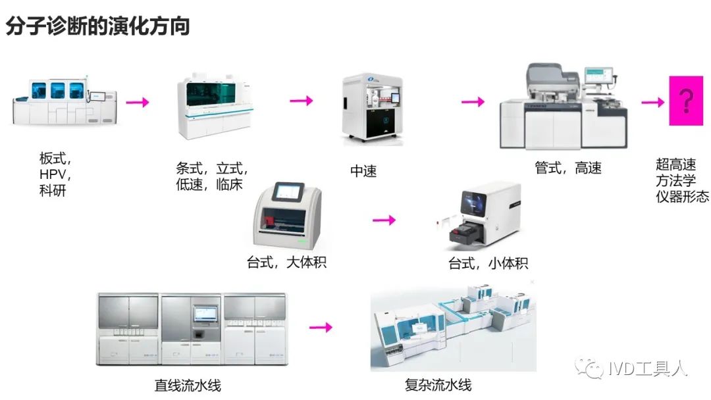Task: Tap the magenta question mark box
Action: tap(686, 101)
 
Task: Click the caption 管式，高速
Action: tap(568, 168)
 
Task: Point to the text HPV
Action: tap(55, 175)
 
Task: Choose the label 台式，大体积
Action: tap(286, 262)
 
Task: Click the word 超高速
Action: tap(675, 164)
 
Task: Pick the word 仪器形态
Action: tap(682, 196)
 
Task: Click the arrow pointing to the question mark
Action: tap(652, 102)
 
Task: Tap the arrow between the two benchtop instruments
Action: tap(384, 220)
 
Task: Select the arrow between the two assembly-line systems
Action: tap(320, 327)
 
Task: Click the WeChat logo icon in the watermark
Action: tap(588, 368)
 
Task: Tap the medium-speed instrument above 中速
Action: tap(371, 109)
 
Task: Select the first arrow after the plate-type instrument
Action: tap(138, 102)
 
